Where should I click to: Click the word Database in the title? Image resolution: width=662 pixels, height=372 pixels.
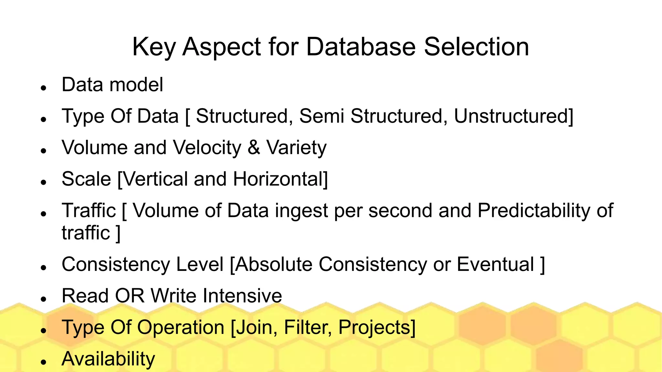(361, 47)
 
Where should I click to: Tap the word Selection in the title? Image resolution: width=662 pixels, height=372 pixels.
(476, 47)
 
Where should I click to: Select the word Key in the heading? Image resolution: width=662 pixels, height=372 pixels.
(154, 47)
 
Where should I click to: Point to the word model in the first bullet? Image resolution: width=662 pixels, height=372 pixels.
(136, 85)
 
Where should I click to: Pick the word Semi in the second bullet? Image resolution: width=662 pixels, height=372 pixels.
(322, 116)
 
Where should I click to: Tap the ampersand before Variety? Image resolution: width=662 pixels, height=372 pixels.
(254, 148)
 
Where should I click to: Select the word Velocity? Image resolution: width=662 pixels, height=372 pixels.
(207, 148)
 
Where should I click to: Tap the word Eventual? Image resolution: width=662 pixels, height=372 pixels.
(495, 264)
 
